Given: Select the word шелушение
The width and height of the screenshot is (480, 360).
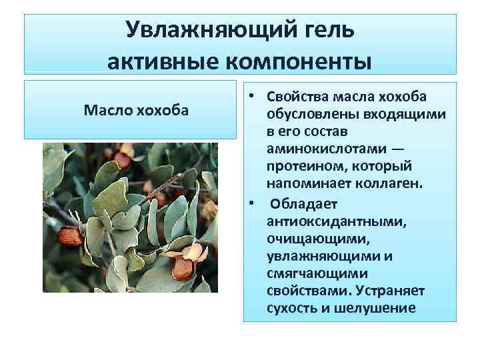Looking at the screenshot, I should coord(380,308).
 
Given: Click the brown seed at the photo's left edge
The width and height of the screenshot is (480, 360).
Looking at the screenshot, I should coord(69,237).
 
